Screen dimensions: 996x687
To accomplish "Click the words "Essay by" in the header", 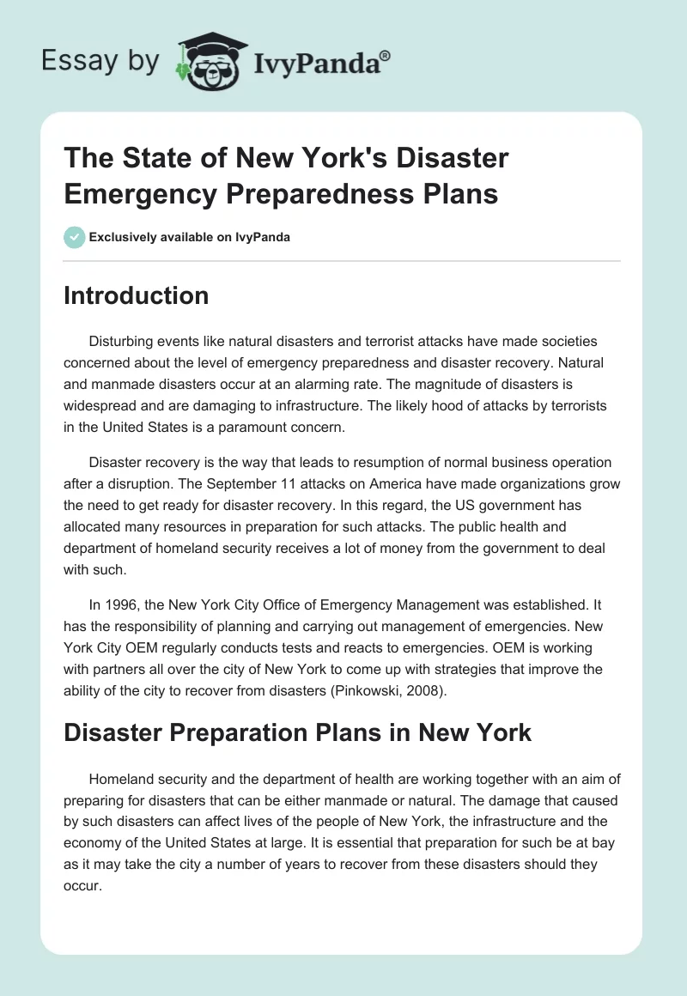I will point(101,61).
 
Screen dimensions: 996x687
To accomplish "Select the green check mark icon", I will point(75,237).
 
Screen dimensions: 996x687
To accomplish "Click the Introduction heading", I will point(136,295).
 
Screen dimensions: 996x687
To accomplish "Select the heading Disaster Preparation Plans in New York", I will point(298,732).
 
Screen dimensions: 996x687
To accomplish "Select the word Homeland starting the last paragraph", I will point(123,779).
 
